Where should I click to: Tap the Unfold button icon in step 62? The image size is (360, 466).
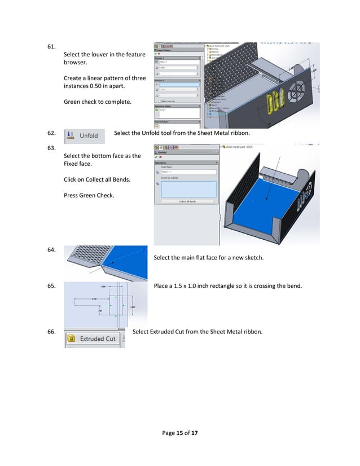pyautogui.click(x=69, y=135)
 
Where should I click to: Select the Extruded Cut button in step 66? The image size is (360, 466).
pyautogui.click(x=94, y=338)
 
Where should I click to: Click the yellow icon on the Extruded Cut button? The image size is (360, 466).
pyautogui.click(x=72, y=338)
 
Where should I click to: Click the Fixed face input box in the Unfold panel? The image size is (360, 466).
pyautogui.click(x=189, y=172)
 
